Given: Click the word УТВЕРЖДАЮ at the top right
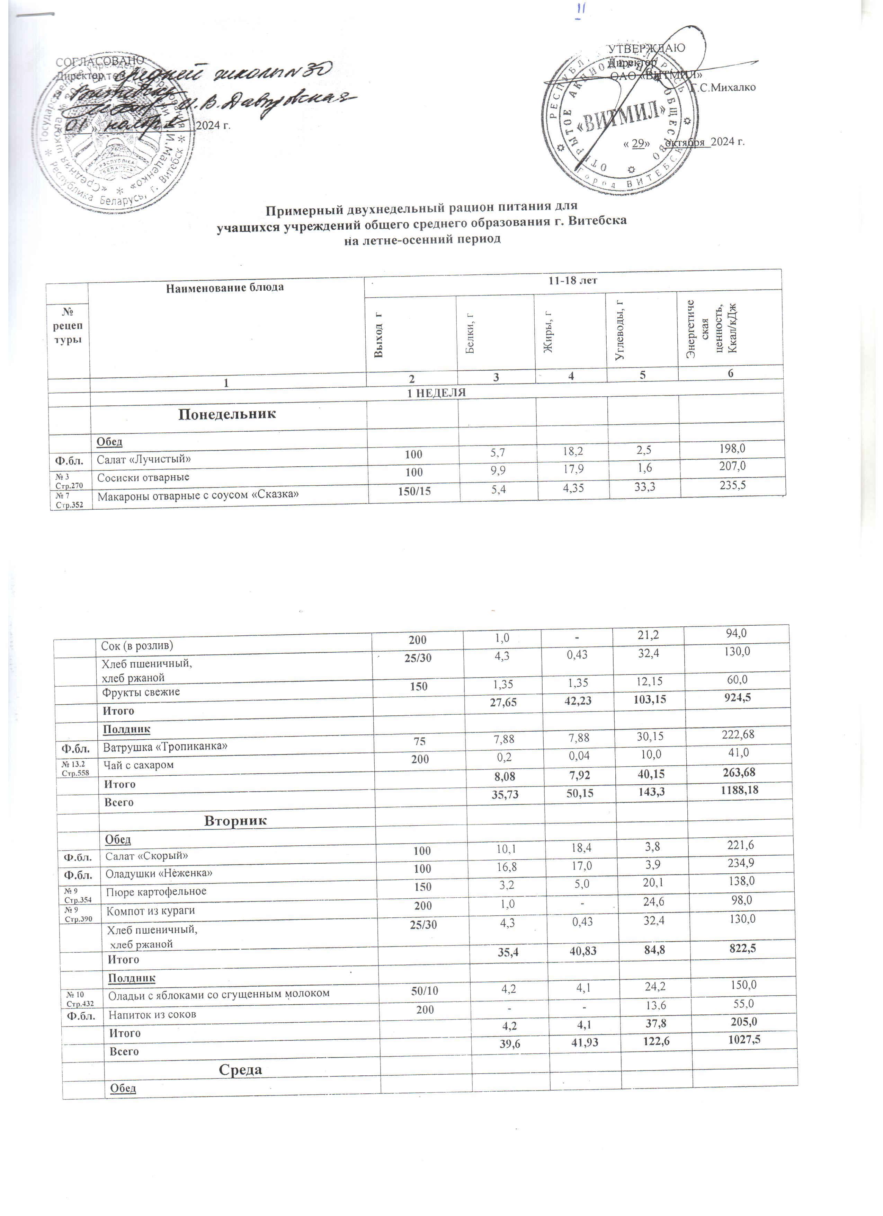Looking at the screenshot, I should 647,48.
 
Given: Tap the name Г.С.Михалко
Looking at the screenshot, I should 723,87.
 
